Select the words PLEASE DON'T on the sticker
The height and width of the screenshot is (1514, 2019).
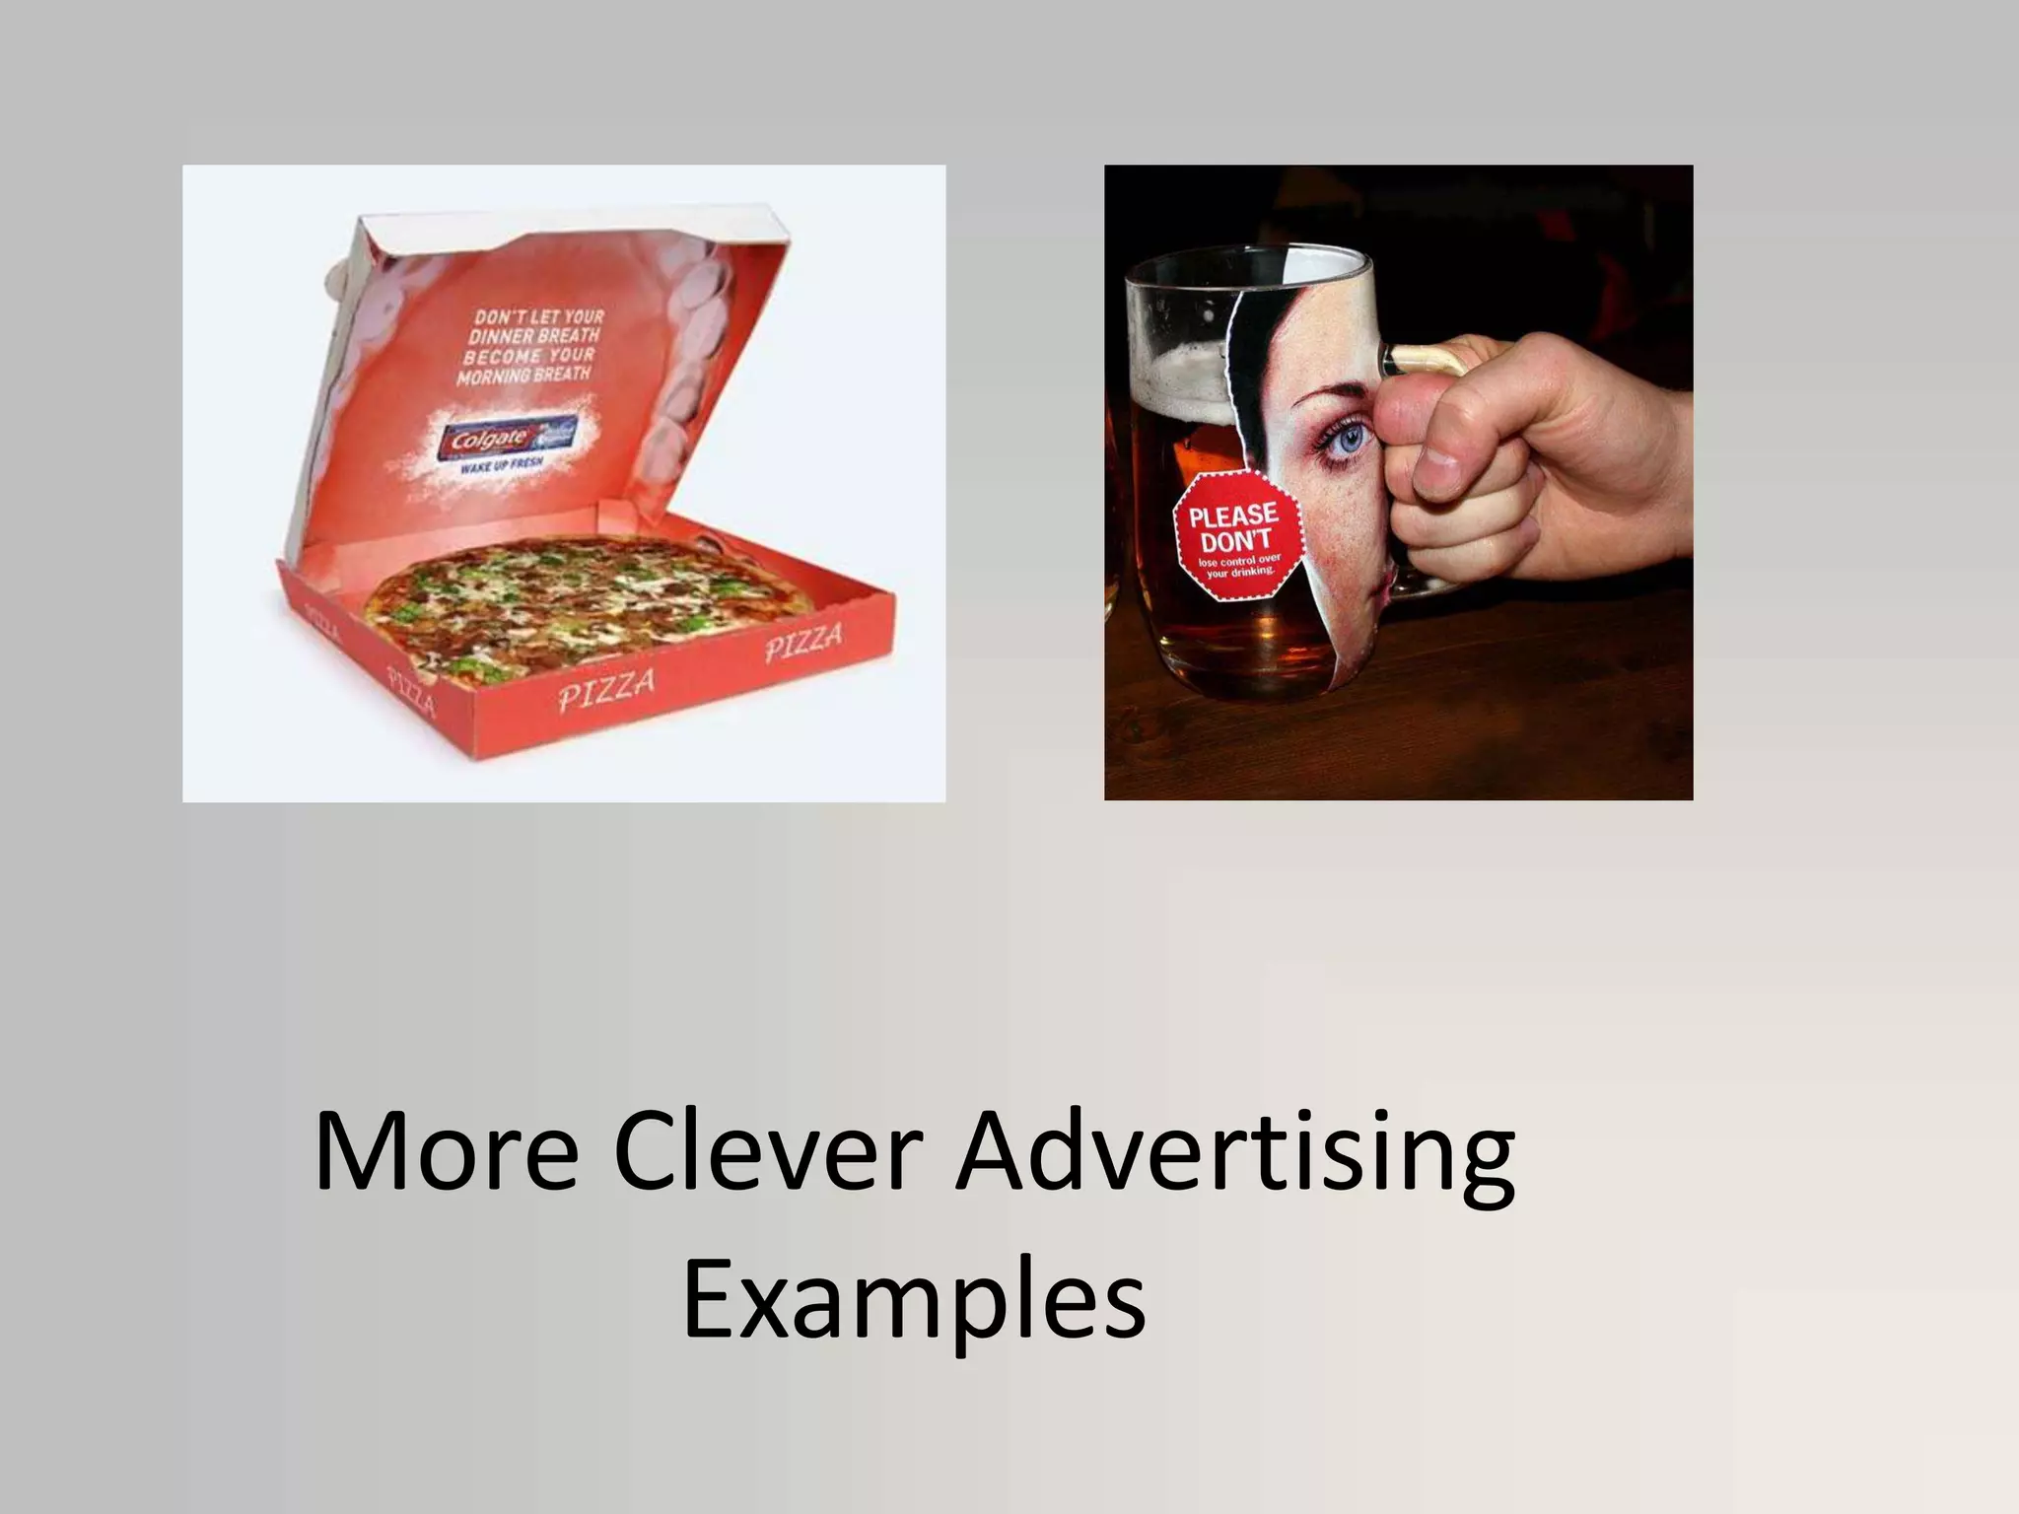(1234, 527)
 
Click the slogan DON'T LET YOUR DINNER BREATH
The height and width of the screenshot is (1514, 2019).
(538, 327)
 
